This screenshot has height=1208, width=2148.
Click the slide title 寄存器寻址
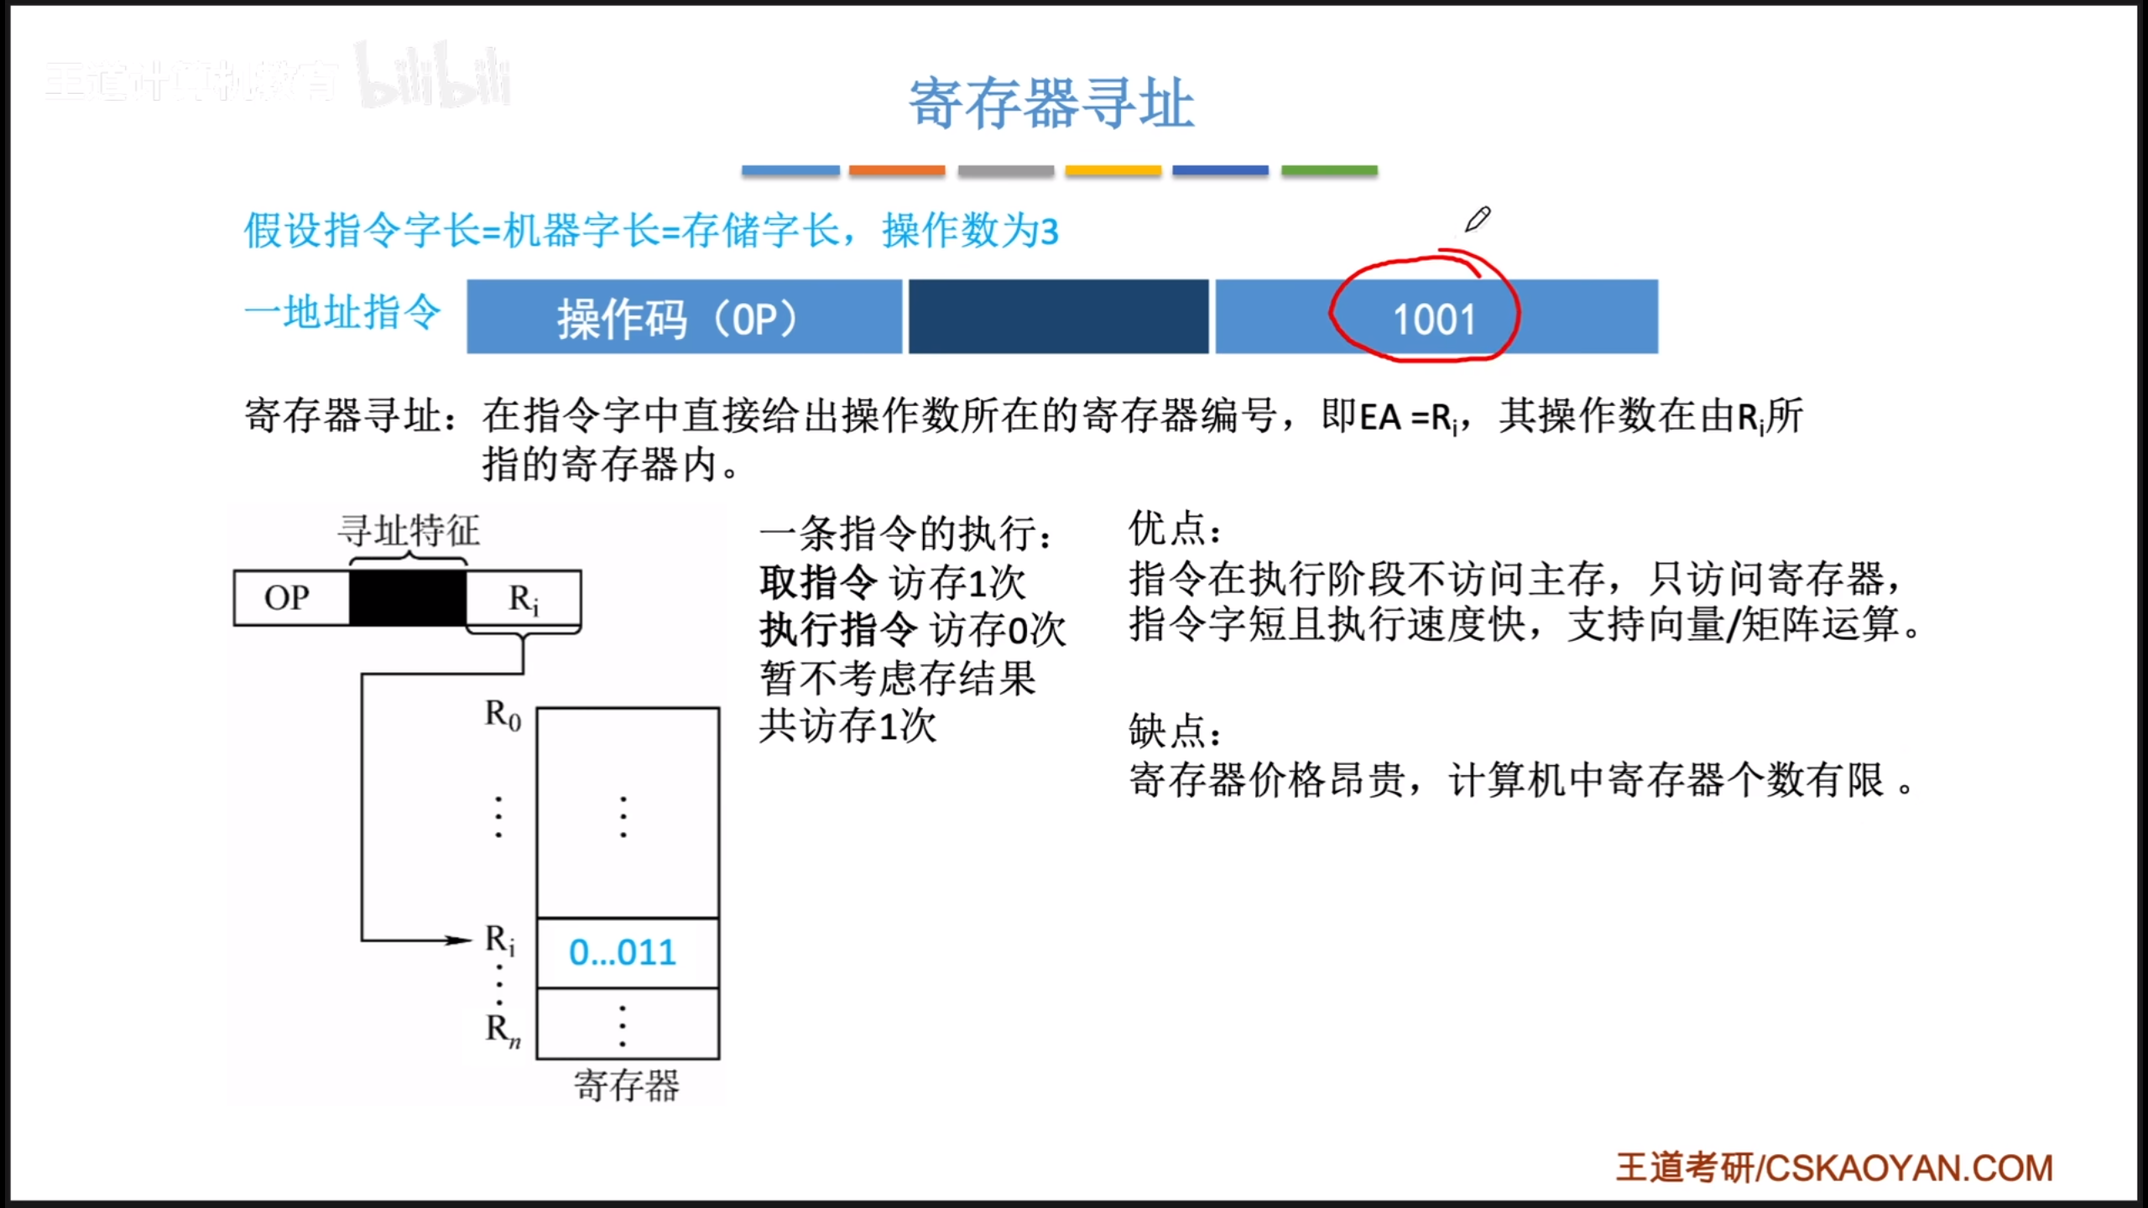coord(1051,103)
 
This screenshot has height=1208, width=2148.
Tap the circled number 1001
coord(1434,320)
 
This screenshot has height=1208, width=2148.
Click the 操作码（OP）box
coord(684,317)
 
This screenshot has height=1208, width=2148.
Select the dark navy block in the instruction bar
coord(1059,317)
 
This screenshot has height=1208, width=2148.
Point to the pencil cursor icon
coord(1478,219)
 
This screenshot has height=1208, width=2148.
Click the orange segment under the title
coord(897,170)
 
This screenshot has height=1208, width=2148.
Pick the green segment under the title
coord(1329,170)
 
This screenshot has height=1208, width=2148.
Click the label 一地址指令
coord(342,313)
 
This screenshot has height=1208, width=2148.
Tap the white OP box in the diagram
coord(291,597)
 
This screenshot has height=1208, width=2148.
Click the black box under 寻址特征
coord(408,597)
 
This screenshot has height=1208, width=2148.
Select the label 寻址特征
coord(409,531)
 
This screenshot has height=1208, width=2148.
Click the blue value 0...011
coord(623,952)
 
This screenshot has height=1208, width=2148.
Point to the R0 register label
coord(503,716)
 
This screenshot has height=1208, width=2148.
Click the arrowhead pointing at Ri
coord(460,940)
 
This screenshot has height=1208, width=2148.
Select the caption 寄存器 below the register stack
coord(627,1086)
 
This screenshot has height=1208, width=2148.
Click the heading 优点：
coord(1175,528)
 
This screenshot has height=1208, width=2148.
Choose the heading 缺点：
coord(1175,731)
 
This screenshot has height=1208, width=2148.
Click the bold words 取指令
coord(819,581)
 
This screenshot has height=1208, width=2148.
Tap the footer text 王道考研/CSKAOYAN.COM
coord(1834,1168)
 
